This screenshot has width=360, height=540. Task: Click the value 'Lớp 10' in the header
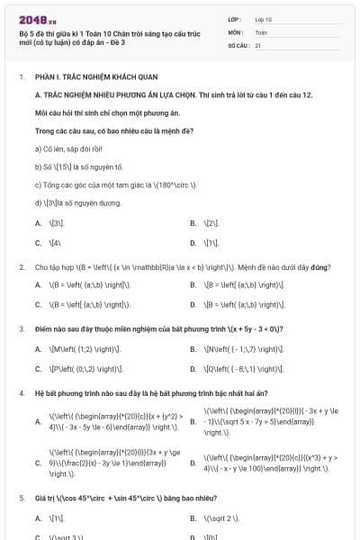pyautogui.click(x=264, y=18)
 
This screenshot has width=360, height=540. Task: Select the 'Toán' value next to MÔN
pyautogui.click(x=261, y=31)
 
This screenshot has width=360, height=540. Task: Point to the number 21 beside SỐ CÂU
pyautogui.click(x=258, y=44)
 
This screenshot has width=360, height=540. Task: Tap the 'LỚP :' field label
pyautogui.click(x=235, y=18)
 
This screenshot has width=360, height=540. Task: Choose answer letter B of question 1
pyautogui.click(x=193, y=221)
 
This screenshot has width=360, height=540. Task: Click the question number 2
pyautogui.click(x=22, y=267)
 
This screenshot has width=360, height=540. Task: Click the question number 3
pyautogui.click(x=22, y=328)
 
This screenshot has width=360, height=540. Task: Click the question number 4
pyautogui.click(x=22, y=393)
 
